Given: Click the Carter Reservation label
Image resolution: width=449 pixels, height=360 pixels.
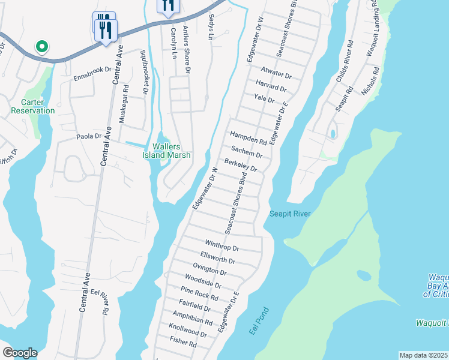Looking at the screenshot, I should [32, 106].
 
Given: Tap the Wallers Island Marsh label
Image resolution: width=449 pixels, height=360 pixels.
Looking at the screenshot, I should [166, 151].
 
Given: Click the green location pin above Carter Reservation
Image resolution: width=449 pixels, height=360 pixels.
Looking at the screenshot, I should [41, 46].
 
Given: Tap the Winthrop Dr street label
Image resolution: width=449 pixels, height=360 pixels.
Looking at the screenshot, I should [222, 246].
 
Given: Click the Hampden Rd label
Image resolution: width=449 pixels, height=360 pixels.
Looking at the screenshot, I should [248, 139].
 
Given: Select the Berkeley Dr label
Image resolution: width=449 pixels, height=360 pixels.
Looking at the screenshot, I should [241, 165].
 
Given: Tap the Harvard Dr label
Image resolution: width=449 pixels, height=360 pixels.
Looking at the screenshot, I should [271, 86].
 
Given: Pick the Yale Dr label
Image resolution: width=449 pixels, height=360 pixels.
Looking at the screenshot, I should [264, 98].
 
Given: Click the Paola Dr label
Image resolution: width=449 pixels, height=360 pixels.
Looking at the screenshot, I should [89, 136].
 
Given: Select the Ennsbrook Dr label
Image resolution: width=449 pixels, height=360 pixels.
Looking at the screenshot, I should [92, 78].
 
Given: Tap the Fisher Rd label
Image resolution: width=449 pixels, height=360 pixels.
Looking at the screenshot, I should [184, 343].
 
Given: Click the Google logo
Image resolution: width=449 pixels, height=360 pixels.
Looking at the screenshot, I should [19, 353].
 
